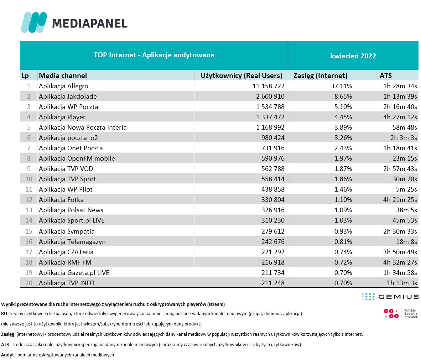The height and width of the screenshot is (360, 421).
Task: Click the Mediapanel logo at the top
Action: tap(74, 23)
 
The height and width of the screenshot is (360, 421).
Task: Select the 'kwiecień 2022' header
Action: tap(353, 56)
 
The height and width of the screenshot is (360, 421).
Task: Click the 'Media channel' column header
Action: tap(63, 75)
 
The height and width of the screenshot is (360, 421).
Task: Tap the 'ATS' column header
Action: tap(385, 75)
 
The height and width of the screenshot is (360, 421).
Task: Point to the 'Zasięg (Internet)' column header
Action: tap(320, 75)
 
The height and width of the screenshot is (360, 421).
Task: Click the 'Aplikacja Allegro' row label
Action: tap(63, 86)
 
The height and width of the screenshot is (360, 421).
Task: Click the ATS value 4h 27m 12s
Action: tap(400, 117)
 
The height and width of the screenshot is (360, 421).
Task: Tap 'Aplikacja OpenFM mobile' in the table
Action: tap(77, 158)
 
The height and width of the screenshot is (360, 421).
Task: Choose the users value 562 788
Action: tap(273, 169)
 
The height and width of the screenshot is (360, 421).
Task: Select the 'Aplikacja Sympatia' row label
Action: tap(67, 231)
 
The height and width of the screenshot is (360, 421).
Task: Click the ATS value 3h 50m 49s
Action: tap(400, 252)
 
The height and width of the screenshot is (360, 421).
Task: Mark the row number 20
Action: tap(29, 283)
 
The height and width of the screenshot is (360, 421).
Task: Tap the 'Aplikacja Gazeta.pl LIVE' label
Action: tap(74, 273)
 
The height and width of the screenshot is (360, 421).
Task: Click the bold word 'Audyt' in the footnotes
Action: tap(7, 355)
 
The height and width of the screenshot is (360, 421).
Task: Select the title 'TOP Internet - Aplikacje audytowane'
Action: tap(154, 55)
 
